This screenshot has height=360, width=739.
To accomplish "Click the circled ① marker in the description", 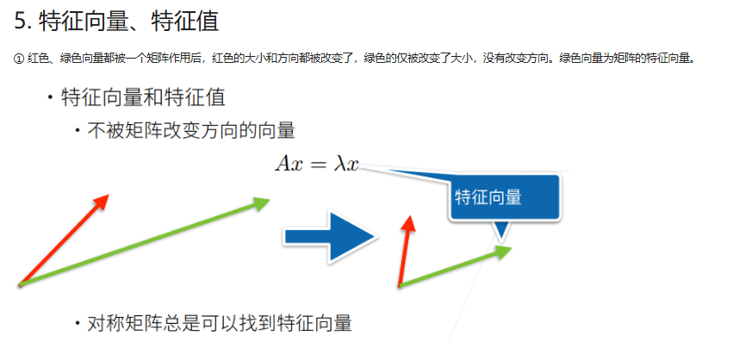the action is pyautogui.click(x=19, y=59).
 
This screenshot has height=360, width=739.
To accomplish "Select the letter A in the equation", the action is pyautogui.click(x=283, y=162).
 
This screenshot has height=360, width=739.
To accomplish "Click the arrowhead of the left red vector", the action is pyautogui.click(x=102, y=201).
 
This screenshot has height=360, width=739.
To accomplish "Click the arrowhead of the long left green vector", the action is pyautogui.click(x=262, y=202).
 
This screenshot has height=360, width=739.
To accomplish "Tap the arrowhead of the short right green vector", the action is pyautogui.click(x=503, y=251).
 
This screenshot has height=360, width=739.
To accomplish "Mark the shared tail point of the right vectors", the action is pyautogui.click(x=401, y=285).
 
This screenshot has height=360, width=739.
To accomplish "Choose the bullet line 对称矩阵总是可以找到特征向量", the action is pyautogui.click(x=220, y=324).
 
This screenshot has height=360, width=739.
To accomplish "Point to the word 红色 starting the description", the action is pyautogui.click(x=39, y=59).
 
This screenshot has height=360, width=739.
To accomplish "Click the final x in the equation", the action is pyautogui.click(x=351, y=164).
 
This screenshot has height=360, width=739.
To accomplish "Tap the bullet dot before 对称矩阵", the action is pyautogui.click(x=78, y=324).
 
